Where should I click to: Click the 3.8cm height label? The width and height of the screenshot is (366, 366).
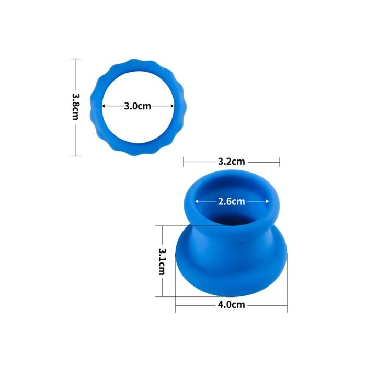click(x=75, y=107)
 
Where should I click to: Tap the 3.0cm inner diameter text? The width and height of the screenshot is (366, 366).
click(x=138, y=106)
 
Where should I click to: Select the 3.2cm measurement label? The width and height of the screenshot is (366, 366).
click(x=232, y=162)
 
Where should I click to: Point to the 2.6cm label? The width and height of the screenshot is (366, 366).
click(x=232, y=201)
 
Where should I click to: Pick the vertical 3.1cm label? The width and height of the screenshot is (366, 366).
click(x=162, y=261)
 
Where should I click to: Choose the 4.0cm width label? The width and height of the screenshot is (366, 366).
click(x=232, y=305)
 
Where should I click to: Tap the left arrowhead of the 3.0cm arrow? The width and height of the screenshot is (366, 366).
click(x=104, y=106)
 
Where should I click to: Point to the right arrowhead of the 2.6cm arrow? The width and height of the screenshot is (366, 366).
click(x=268, y=201)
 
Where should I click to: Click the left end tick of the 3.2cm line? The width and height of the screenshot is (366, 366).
click(x=184, y=162)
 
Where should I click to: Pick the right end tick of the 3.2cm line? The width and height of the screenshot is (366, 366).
click(x=280, y=162)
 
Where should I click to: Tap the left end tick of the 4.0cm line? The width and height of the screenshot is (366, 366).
click(x=175, y=305)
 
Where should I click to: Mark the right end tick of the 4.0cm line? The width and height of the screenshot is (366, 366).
click(x=287, y=305)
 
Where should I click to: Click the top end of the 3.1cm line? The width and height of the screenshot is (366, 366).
click(x=163, y=226)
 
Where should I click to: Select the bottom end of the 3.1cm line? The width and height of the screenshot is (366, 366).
click(x=163, y=296)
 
